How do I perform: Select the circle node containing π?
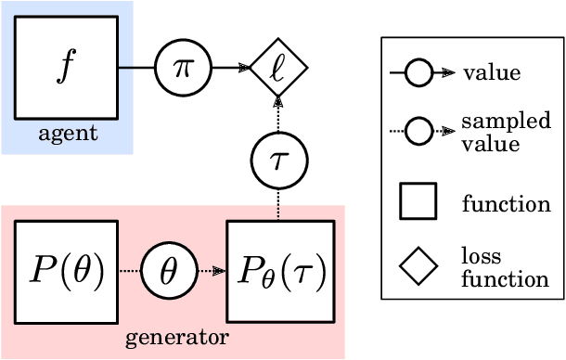coord(182,68)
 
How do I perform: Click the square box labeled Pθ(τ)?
coord(277,271)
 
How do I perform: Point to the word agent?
coord(67,134)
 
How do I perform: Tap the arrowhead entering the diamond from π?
coord(243,68)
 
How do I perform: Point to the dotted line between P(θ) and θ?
coord(129,271)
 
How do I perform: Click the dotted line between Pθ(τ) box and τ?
coord(277,205)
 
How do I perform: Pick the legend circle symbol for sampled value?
coord(418,133)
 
